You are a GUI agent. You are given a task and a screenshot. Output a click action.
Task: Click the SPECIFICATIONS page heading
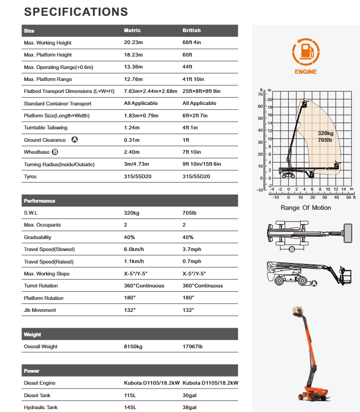click(x=76, y=12)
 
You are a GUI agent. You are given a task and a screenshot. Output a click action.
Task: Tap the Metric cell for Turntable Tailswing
click(x=132, y=128)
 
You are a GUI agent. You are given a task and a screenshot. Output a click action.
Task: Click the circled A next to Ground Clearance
click(x=74, y=140)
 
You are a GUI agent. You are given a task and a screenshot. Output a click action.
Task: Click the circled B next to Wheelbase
click(x=55, y=152)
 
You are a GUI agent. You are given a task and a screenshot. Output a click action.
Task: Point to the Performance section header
click(x=40, y=201)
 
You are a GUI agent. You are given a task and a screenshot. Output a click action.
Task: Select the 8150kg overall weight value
click(x=133, y=346)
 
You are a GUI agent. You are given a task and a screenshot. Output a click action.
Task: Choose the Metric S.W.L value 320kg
click(x=132, y=213)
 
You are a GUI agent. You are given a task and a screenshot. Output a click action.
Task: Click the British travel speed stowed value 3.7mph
click(x=192, y=250)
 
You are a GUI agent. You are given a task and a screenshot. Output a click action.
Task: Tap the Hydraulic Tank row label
click(x=41, y=407)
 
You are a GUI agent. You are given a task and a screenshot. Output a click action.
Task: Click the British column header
click(x=191, y=31)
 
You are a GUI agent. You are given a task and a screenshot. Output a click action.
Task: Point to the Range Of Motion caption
click(x=305, y=207)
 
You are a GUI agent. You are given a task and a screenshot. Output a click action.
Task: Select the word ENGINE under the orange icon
click(x=305, y=72)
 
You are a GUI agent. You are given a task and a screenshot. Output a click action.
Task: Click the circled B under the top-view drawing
click(x=292, y=249)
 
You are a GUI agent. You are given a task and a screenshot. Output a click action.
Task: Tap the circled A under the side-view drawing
click(x=315, y=284)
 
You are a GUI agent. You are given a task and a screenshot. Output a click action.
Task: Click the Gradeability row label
click(x=38, y=237)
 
